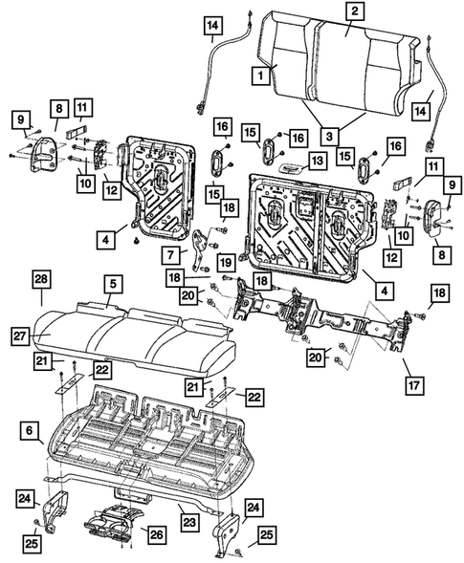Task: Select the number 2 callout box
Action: coord(354,11)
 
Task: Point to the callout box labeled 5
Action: coord(112,284)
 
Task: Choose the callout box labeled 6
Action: coord(30,433)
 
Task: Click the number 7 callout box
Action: coord(170,255)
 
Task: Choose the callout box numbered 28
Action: coord(40,279)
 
